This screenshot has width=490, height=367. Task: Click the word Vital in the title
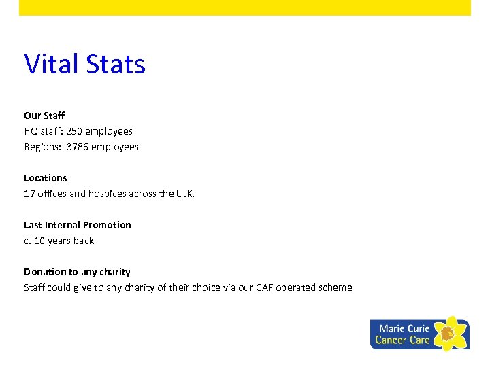pos(50,65)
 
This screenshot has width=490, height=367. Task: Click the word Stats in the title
pos(116,65)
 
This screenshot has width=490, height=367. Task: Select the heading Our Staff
pos(44,116)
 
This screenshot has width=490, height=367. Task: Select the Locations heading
pos(46,178)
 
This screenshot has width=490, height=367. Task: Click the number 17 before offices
pos(29,194)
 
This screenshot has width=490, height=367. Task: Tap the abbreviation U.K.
pos(186,194)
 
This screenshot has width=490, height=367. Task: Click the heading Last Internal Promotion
pos(78,225)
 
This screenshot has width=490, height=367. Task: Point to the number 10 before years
pos(39,241)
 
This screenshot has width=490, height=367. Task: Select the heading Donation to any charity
pos(77,272)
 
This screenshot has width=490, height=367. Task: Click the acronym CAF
pos(265,287)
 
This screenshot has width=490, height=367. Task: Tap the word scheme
pos(336,287)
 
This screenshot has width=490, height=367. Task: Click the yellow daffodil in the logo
pos(450,333)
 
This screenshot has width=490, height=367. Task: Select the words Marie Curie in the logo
pos(404,328)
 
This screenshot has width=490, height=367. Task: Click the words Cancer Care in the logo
pos(402,340)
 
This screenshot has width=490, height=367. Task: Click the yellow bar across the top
pos(245,7)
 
